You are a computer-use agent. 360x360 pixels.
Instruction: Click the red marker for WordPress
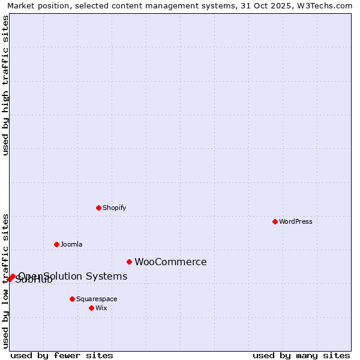pos(275,221)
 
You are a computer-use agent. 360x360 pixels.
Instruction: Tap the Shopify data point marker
pos(98,208)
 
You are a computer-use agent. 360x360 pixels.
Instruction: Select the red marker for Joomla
pos(56,244)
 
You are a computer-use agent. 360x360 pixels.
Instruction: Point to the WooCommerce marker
pos(129,262)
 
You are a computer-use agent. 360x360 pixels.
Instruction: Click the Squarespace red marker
pos(72,299)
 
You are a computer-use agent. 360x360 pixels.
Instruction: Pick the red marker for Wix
pos(91,308)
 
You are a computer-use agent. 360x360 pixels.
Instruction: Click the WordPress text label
pos(296,221)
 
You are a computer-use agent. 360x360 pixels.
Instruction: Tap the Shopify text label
pos(114,208)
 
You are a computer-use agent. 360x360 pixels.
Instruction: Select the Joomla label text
pos(71,244)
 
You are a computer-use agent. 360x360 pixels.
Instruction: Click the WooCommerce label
pos(170,262)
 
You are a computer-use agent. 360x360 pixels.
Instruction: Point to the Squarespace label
pos(97,299)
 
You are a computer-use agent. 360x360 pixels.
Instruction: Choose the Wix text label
pos(101,308)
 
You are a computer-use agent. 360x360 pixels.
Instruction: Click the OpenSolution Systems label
pos(73,276)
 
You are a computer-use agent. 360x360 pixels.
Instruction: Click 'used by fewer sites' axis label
pos(62,355)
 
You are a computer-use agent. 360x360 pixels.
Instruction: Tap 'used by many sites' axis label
pos(301,355)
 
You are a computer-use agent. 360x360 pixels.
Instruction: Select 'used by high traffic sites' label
pos(5,85)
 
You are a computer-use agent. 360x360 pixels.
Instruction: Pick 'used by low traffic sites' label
pos(5,280)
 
